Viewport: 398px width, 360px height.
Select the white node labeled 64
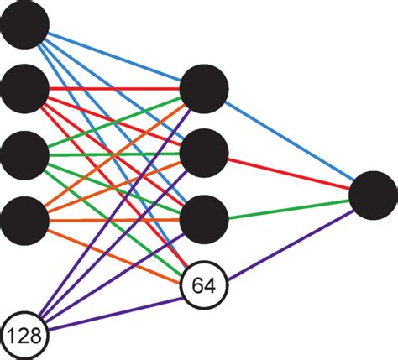point(204,285)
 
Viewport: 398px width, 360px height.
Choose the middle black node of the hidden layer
point(204,152)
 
